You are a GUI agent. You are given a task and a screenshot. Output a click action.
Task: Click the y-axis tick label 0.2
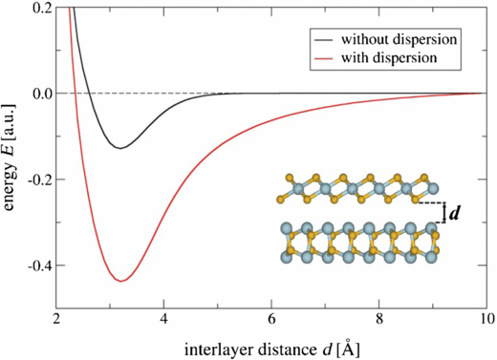[42, 8]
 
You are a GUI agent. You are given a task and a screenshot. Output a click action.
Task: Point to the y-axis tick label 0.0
[42, 94]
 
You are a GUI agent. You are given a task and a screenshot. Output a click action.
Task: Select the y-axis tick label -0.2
[39, 180]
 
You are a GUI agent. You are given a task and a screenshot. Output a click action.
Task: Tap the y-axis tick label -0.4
[39, 265]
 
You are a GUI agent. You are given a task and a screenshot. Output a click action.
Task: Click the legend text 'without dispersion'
[395, 39]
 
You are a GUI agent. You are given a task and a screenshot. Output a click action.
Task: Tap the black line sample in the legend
[322, 39]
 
